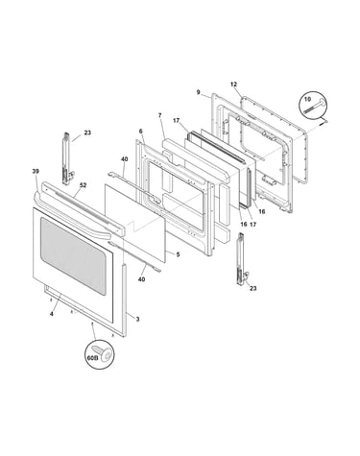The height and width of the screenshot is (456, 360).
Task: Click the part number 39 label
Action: (x=36, y=172)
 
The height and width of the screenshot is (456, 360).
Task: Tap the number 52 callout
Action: (x=84, y=185)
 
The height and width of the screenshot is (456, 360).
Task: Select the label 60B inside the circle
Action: (x=92, y=358)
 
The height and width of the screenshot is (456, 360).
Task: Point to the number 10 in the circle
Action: (x=307, y=99)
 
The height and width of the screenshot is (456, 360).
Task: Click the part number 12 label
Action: (x=233, y=84)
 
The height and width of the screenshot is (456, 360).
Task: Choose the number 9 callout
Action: (x=199, y=92)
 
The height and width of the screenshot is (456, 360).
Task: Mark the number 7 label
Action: (x=160, y=115)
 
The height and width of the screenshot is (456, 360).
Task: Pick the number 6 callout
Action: (x=140, y=131)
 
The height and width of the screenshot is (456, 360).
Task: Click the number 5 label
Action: (x=178, y=254)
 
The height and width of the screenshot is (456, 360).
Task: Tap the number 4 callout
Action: (x=52, y=314)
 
